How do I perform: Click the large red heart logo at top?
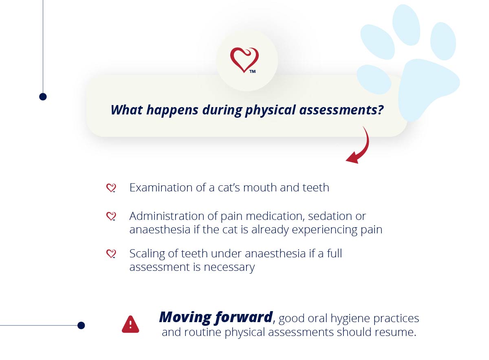(244, 60)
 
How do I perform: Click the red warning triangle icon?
(130, 325)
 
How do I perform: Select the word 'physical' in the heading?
(270, 110)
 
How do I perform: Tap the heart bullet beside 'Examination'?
(111, 188)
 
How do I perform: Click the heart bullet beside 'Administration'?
(111, 216)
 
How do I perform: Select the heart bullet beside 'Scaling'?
(111, 254)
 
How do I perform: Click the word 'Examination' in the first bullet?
(161, 188)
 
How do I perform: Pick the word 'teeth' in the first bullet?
(316, 188)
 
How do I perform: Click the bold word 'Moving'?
(185, 318)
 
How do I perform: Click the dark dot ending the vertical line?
(43, 97)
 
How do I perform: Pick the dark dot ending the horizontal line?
(81, 325)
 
